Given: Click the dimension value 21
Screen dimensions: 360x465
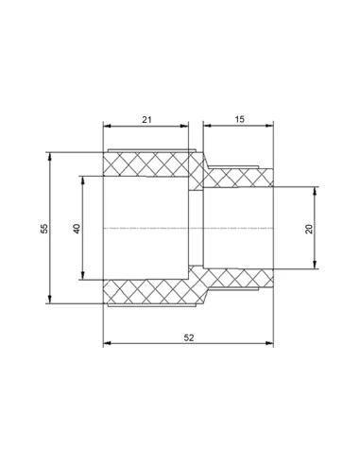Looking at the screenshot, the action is coord(146,120).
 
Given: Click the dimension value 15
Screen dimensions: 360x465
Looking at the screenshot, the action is coord(239,119).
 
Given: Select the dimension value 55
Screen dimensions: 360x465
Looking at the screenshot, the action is coord(44,229).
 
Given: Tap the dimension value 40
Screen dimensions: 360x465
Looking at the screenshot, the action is coord(77,229).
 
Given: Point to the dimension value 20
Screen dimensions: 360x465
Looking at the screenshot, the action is coord(309,229).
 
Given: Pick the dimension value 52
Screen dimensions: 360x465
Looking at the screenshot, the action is coord(189,337).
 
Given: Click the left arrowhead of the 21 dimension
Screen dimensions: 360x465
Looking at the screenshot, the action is coord(108,126).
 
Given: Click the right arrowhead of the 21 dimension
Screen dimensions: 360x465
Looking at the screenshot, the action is coord(184,126).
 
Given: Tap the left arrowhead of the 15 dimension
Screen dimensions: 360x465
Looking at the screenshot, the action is coord(207,126).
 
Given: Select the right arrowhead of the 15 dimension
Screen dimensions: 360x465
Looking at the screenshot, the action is coord(269,126).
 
